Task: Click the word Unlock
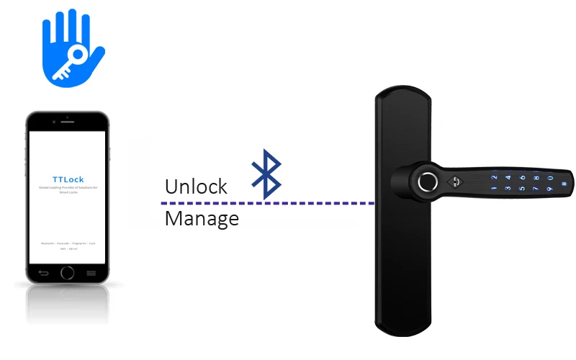[196, 187]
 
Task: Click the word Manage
[202, 218]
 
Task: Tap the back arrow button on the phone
[43, 273]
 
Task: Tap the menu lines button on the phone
[91, 273]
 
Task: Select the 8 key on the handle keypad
[537, 177]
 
